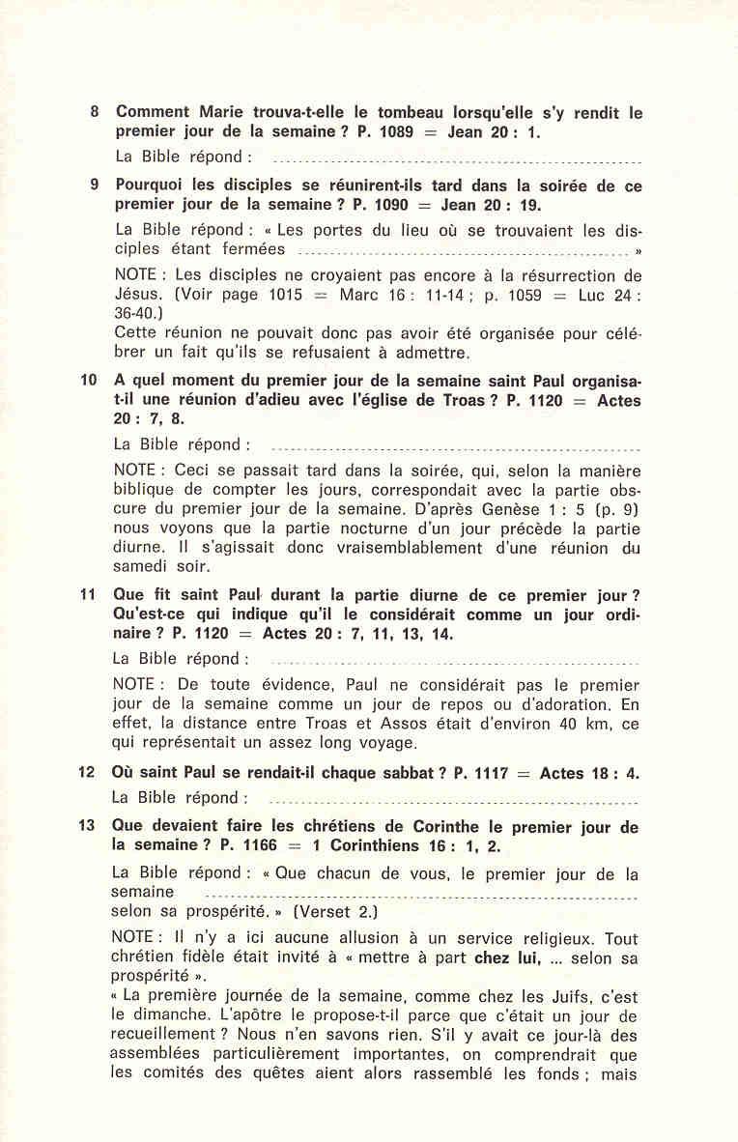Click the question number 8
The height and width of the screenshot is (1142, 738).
pos(94,112)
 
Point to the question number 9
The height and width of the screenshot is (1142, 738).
pos(94,184)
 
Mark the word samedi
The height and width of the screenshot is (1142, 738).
pos(144,567)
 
